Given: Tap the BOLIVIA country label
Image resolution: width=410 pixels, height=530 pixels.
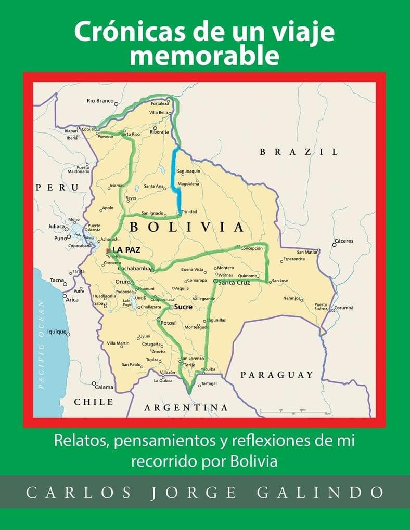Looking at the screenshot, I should (x=186, y=227).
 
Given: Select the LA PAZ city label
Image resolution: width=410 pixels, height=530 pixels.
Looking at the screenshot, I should (x=126, y=250).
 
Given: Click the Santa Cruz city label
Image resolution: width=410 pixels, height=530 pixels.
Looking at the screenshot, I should (x=234, y=283).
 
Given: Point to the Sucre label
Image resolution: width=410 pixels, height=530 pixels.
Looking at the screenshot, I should (x=183, y=307).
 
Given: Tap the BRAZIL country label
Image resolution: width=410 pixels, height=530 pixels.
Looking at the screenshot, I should (x=299, y=152).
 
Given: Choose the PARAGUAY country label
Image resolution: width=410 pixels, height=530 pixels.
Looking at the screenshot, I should (x=276, y=375).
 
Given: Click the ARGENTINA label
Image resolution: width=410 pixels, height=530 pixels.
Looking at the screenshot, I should (x=186, y=408).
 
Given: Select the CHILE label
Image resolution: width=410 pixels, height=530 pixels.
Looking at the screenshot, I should (x=94, y=402).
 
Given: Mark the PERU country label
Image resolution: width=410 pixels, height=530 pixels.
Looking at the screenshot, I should (x=57, y=187).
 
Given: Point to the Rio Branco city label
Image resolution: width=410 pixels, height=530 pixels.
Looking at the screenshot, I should (x=100, y=101).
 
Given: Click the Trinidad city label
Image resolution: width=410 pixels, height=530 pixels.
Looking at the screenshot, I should (x=189, y=211).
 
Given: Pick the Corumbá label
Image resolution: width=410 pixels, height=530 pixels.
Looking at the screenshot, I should (x=343, y=308).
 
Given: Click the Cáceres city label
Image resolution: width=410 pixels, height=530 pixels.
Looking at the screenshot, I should (x=344, y=241).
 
